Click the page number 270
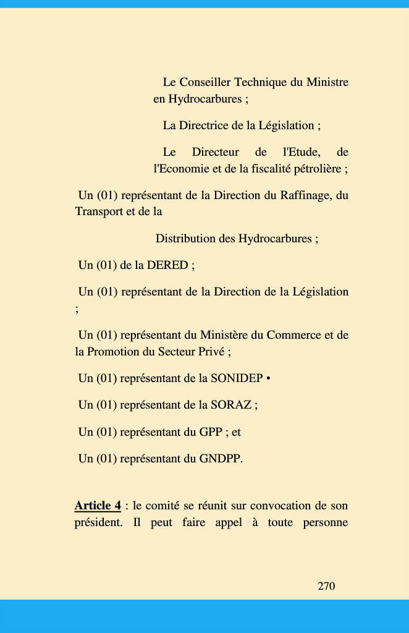pyautogui.click(x=326, y=586)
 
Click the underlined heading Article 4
pyautogui.click(x=98, y=506)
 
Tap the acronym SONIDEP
pyautogui.click(x=237, y=378)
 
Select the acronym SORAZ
pyautogui.click(x=231, y=405)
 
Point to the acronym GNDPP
pyautogui.click(x=219, y=459)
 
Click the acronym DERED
pyautogui.click(x=167, y=265)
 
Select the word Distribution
pyautogui.click(x=185, y=239)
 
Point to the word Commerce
pyautogui.click(x=298, y=335)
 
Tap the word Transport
pyautogui.click(x=99, y=211)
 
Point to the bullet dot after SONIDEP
pyautogui.click(x=268, y=378)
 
